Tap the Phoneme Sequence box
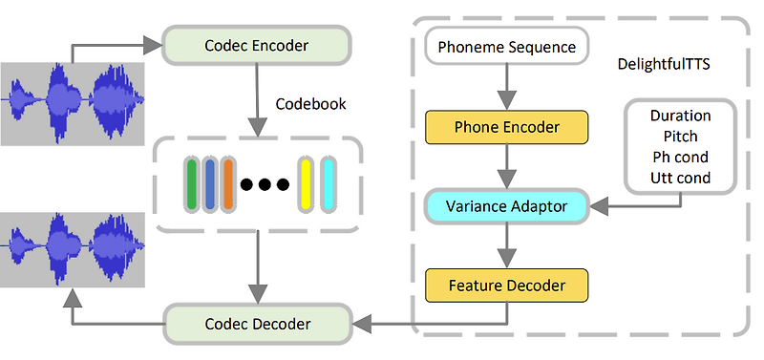coord(506,47)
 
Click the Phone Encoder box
coord(506,126)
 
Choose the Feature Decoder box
coord(506,285)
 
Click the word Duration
coord(680,116)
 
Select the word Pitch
coord(680,137)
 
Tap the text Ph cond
coord(680,158)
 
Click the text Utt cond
coord(680,179)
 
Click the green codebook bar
coord(191,184)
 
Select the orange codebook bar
coord(227,184)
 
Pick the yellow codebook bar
coord(308,184)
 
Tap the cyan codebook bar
coord(329,184)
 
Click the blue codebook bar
coord(209,184)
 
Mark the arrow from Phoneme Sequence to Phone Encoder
coord(506,87)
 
